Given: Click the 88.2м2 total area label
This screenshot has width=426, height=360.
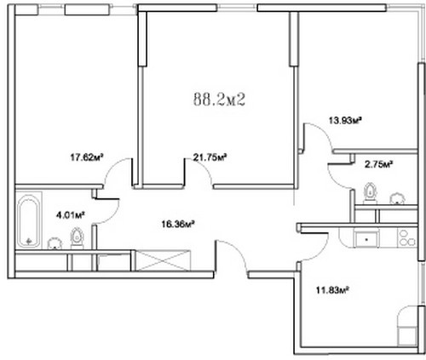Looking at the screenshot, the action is coord(219,100).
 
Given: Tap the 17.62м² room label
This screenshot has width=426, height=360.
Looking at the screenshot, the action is coord(87,157).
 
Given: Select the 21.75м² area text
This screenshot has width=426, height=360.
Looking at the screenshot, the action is coord(210,157).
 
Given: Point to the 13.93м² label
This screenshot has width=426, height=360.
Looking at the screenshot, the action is coord(345,121).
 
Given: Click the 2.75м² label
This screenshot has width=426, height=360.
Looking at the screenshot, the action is coord(378,164).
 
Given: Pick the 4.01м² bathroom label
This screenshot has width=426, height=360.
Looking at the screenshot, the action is coord(71,215).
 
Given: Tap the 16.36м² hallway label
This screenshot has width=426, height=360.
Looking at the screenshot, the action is coord(178,225).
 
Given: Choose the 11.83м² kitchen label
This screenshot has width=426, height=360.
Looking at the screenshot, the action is coord(332,290).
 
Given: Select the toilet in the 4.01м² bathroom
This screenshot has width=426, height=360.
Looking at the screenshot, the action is coord(77,238).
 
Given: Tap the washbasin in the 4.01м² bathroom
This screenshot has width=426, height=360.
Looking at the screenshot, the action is coord(55,243).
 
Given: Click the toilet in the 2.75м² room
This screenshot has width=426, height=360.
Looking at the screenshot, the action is coord(371,193).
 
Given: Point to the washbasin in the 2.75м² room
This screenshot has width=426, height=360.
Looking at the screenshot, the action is coord(397,198).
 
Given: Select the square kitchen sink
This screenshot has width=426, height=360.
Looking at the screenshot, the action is coord(366,238).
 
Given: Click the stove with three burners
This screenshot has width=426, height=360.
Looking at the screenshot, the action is coord(407,237).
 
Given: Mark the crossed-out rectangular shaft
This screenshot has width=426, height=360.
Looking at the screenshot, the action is coord(163,260).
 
